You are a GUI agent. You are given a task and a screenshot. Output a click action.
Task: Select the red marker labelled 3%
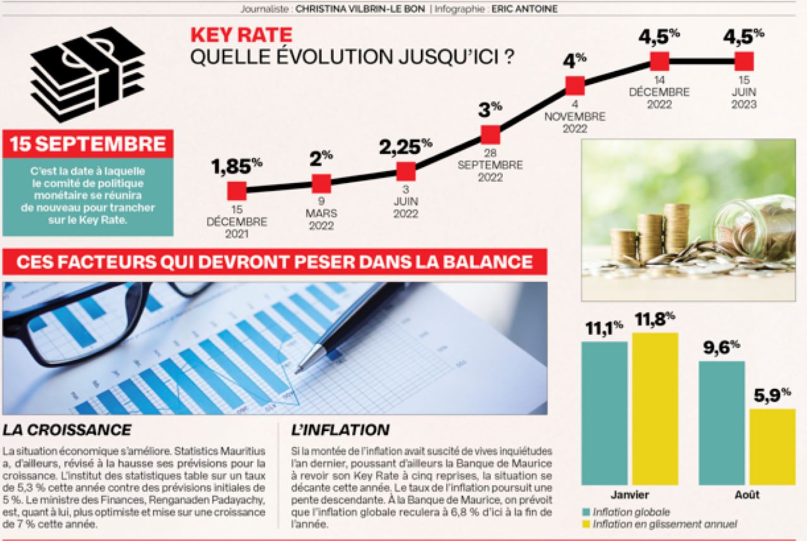click(x=491, y=135)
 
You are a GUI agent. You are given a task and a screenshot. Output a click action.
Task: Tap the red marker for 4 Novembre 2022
click(x=575, y=86)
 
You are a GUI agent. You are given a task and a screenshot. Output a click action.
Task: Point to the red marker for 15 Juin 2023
click(x=744, y=61)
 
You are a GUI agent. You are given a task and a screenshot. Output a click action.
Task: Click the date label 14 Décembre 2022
click(x=659, y=93)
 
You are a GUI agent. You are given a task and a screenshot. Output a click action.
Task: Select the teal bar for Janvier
click(x=604, y=413)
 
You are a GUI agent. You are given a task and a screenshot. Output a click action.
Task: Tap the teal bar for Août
click(x=721, y=423)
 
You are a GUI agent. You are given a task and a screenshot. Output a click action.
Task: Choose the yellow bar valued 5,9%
click(x=772, y=447)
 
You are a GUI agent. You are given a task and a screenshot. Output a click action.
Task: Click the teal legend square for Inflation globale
click(x=586, y=512)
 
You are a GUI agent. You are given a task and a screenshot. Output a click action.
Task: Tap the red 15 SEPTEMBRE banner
click(x=88, y=144)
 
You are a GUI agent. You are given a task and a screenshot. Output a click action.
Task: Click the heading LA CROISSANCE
click(x=67, y=430)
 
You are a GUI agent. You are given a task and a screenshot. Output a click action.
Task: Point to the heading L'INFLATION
click(x=340, y=430)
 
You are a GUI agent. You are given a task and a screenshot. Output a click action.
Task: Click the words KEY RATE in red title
click(x=241, y=35)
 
